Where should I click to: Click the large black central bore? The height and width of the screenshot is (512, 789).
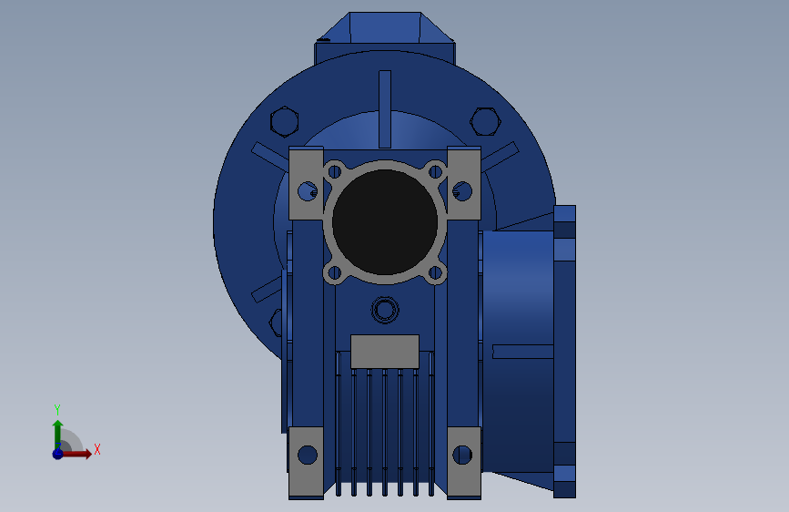385,222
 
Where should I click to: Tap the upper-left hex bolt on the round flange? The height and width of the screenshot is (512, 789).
284,122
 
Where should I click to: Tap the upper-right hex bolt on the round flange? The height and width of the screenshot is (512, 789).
485,121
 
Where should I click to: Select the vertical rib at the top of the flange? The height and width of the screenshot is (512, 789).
385,108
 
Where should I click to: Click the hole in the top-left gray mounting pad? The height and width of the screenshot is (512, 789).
308,191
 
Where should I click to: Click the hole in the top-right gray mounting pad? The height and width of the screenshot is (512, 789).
462,191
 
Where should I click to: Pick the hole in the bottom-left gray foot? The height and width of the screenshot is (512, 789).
308,455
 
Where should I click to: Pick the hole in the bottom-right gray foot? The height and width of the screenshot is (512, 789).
462,455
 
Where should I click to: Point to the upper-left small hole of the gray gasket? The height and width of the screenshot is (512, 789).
335,172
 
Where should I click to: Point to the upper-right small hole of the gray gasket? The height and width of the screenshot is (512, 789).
435,172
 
